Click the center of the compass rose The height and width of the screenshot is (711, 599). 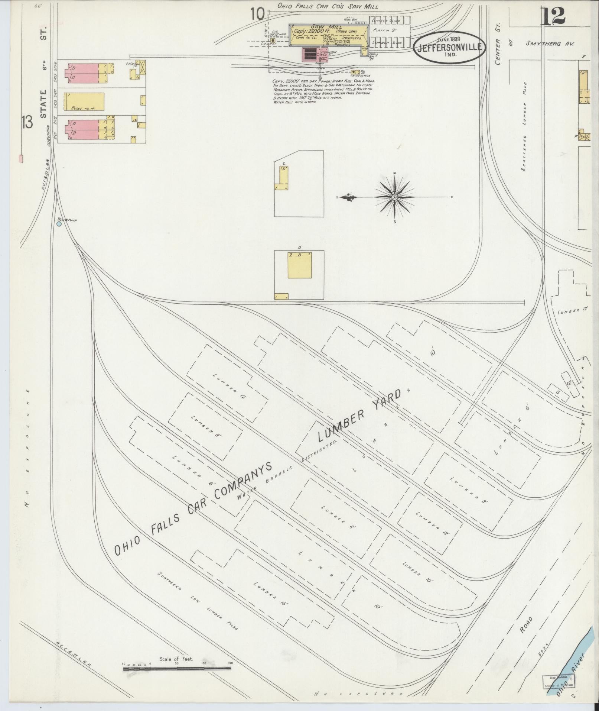click(395, 197)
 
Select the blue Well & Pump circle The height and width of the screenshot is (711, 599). click(59, 224)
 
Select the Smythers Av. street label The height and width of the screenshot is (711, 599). click(550, 43)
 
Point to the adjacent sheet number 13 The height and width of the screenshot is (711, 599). click(27, 122)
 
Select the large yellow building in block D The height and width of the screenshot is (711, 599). click(300, 265)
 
